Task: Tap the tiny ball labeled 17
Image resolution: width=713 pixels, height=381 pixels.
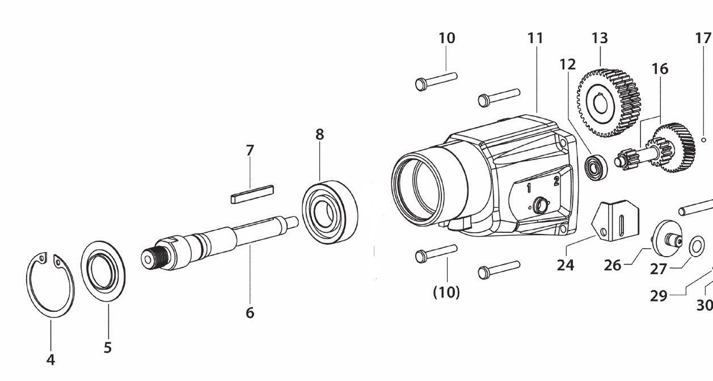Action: click(x=703, y=139)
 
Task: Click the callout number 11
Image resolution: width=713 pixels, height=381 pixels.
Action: click(x=535, y=38)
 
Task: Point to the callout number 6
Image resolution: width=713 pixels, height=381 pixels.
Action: click(x=250, y=312)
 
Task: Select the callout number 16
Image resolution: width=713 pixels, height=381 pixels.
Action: click(x=660, y=69)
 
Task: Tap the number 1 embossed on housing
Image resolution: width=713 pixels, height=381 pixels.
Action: click(x=529, y=188)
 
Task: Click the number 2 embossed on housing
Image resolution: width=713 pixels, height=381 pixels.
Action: click(x=556, y=181)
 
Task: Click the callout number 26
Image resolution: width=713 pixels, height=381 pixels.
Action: click(x=613, y=265)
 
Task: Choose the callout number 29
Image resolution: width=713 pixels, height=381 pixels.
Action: click(x=658, y=295)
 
